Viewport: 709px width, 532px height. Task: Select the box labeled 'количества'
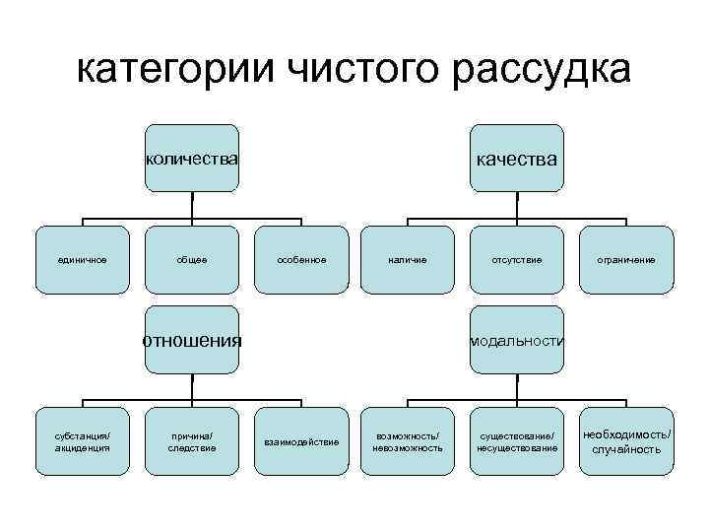point(192,158)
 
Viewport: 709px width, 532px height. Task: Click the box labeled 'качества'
point(517,158)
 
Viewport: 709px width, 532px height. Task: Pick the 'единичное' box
point(82,260)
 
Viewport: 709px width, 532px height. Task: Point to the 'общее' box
point(192,260)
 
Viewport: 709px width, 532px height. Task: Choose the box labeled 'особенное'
point(301,260)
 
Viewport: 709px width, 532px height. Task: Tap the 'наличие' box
point(408,260)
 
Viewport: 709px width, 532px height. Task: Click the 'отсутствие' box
point(517,260)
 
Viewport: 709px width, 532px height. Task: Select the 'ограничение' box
point(626,260)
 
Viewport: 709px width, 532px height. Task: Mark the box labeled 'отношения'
point(192,341)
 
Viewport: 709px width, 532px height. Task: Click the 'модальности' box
point(517,341)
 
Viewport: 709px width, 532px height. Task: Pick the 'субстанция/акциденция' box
point(82,441)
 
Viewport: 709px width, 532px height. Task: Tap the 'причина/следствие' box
point(192,441)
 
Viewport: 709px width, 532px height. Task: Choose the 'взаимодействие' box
point(301,441)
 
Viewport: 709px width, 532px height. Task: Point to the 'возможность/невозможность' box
point(408,441)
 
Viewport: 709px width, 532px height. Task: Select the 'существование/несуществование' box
point(517,441)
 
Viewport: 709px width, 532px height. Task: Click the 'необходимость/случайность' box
point(626,441)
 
